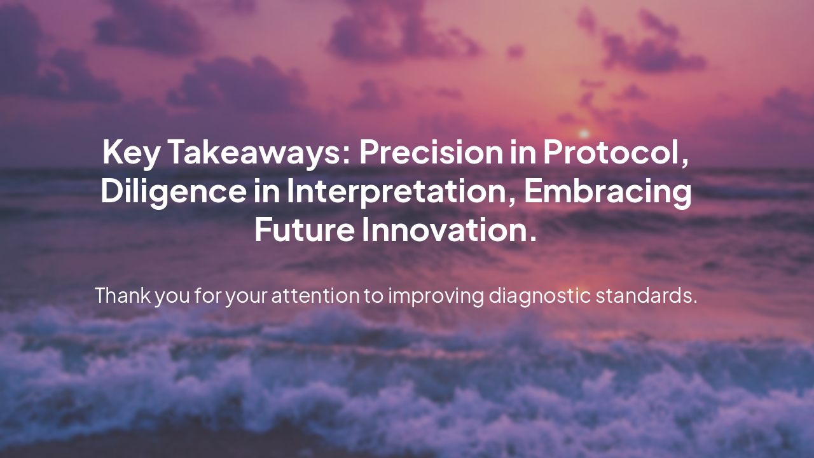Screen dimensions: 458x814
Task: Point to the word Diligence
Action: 172,191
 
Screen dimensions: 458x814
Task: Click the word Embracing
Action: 608,191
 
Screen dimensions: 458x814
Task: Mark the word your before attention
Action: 247,296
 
